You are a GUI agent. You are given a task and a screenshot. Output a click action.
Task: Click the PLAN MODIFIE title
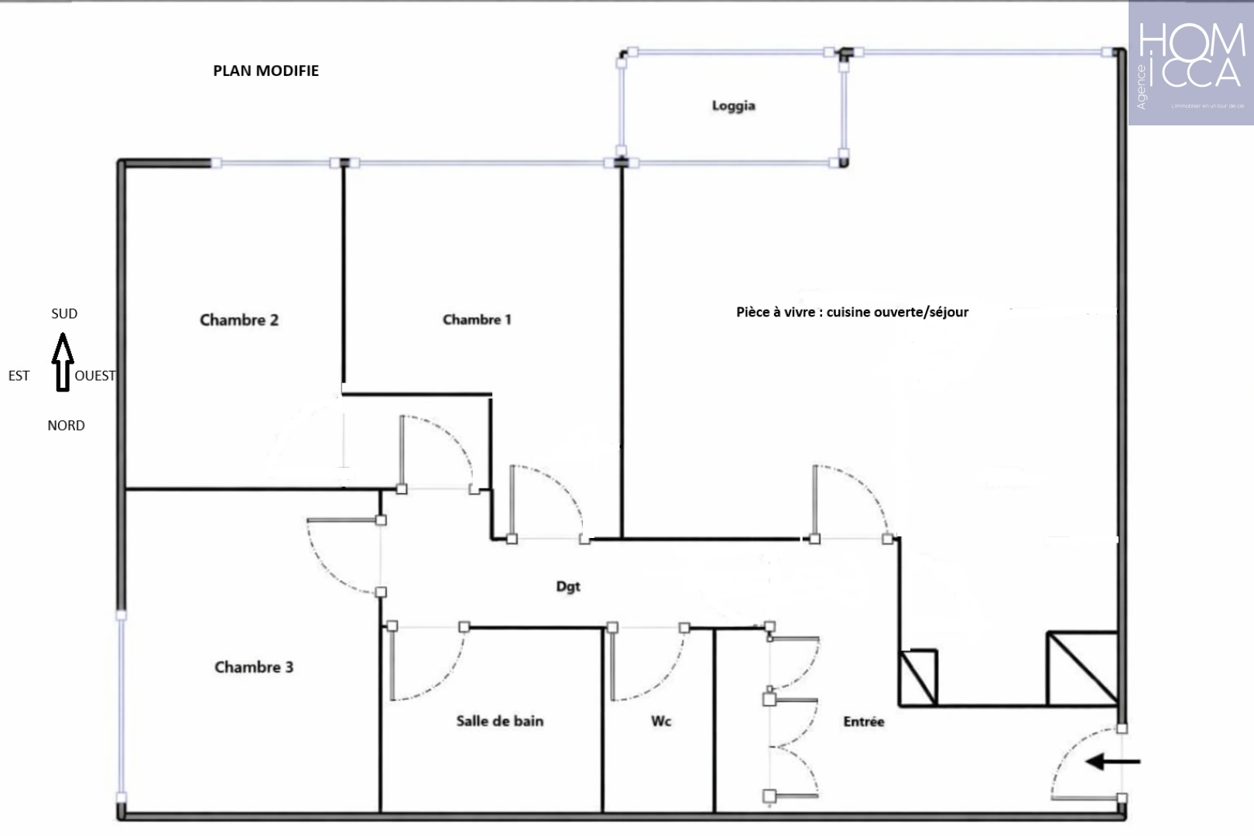click(266, 70)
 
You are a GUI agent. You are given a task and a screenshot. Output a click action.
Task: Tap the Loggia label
click(733, 105)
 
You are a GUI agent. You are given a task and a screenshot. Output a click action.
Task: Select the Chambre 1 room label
click(477, 319)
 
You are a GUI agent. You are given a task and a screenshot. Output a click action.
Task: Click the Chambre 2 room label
click(239, 320)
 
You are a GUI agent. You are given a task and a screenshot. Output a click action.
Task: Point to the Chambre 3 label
click(254, 666)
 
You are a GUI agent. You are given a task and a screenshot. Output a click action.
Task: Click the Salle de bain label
click(499, 721)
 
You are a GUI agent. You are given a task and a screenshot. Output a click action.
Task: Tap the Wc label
click(661, 721)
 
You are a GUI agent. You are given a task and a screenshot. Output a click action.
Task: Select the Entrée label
click(863, 721)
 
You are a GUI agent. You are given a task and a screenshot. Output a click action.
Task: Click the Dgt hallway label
click(568, 586)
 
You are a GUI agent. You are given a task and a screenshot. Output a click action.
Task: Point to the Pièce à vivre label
click(851, 312)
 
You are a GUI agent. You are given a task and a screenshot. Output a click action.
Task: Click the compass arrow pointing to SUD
click(63, 362)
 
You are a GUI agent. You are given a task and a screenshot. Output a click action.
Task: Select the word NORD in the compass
click(66, 425)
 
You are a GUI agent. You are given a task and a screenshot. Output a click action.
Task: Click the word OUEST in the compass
click(95, 375)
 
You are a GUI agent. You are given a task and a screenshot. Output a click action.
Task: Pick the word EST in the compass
click(19, 375)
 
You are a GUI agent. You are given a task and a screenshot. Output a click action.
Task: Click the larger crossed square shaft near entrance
click(1082, 668)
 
